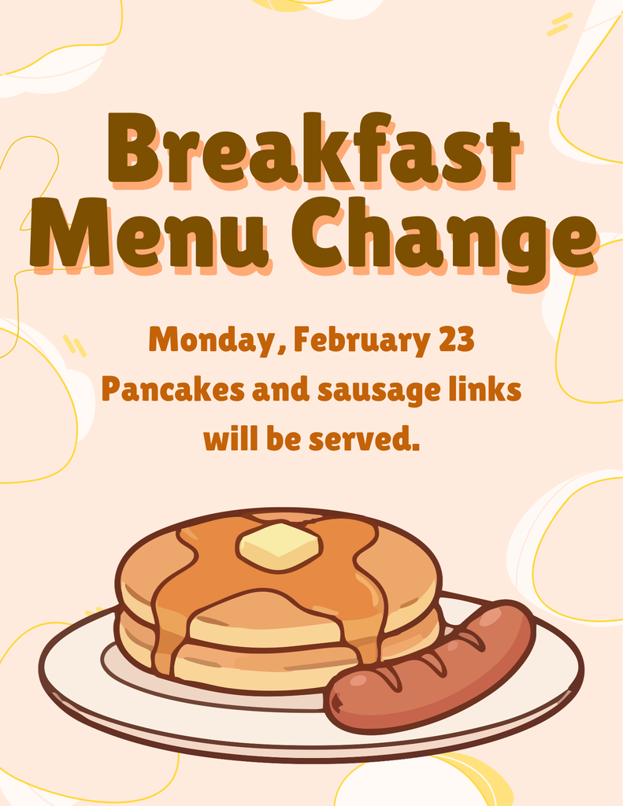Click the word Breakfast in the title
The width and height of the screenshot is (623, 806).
313,150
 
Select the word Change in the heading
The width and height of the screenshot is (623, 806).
440,236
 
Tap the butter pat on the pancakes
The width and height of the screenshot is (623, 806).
280,545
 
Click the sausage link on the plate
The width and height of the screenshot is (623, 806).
432,667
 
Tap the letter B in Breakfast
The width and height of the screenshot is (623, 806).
132,150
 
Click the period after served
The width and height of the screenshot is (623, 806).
416,448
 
